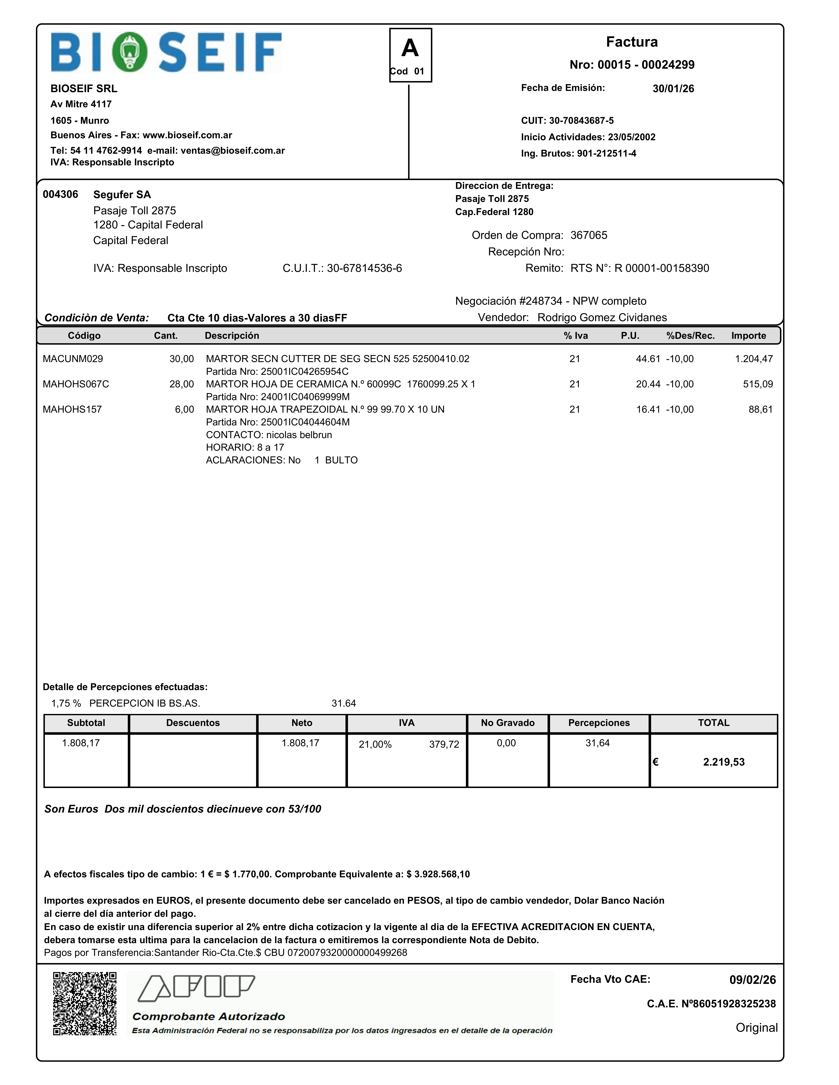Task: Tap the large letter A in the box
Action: coord(410,48)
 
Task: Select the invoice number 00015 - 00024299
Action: coord(632,65)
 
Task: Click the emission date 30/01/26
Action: coord(673,88)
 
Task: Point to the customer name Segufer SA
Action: coord(122,194)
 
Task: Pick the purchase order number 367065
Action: coord(588,235)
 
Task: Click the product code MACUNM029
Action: coord(73,359)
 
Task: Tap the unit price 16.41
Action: coord(648,409)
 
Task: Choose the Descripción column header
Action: coord(232,335)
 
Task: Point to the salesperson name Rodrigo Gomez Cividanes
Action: coord(602,317)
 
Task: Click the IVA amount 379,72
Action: coord(444,744)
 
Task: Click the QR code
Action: coord(85,1004)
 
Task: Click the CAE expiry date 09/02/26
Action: coord(752,980)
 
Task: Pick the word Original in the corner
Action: coord(756,1027)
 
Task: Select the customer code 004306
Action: coord(60,194)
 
